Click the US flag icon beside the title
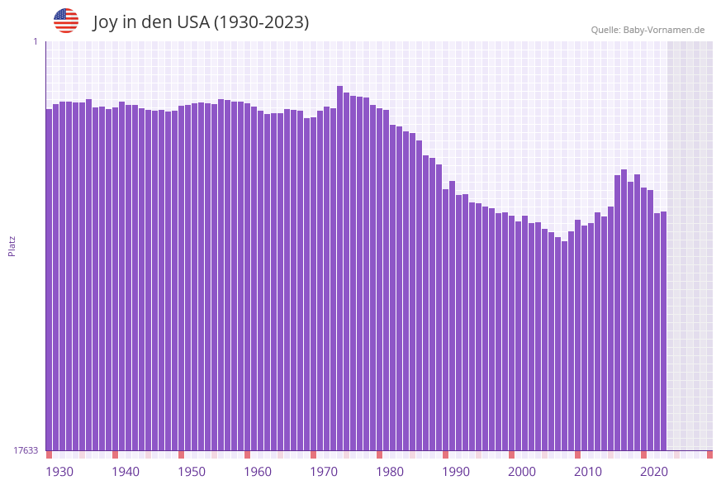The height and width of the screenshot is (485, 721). pos(66,21)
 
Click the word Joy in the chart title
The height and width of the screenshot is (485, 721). pos(106,22)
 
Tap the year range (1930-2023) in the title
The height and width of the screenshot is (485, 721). pos(261,22)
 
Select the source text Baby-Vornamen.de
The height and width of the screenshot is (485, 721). pos(664,30)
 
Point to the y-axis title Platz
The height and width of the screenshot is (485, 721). pos(12,245)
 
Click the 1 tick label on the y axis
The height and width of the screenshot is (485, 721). pos(36,41)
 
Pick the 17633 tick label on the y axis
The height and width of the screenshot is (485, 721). pos(26,450)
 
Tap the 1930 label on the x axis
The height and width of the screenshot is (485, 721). pos(59,472)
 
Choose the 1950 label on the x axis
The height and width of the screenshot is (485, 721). pos(191,472)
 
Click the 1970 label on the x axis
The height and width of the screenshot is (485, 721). pos(323,472)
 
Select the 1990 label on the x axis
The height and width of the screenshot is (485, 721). pos(455,472)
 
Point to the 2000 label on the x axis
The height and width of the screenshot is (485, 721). pos(521,472)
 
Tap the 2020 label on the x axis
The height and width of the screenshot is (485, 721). pos(653,472)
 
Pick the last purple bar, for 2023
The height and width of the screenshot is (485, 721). pos(663,330)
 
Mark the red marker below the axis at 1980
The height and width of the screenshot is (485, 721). pos(379,454)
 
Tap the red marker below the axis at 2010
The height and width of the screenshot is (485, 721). pos(577,454)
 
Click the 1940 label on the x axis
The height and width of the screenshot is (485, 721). pos(125,472)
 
